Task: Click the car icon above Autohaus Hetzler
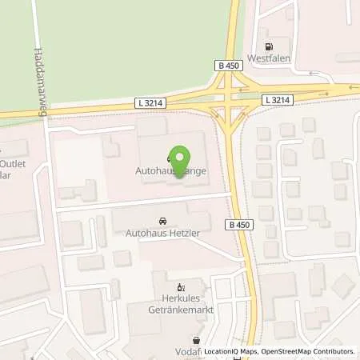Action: pyautogui.click(x=163, y=220)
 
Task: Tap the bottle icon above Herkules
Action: pyautogui.click(x=181, y=286)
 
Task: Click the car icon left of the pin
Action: pyautogui.click(x=168, y=158)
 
